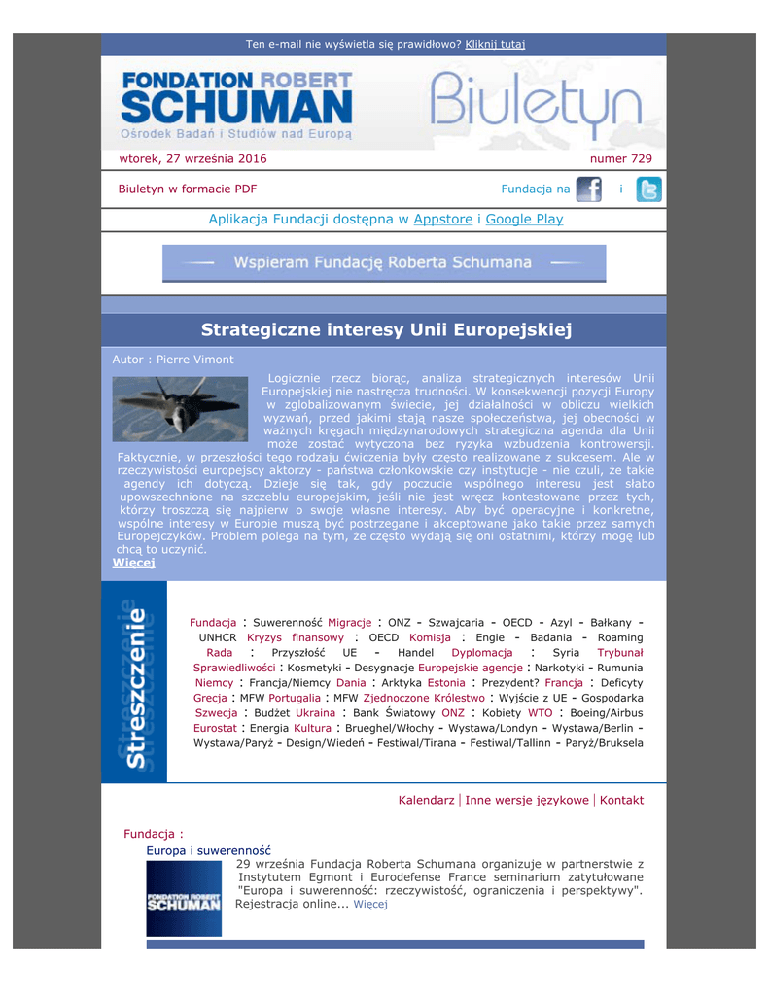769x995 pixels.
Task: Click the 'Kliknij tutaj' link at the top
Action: pos(495,44)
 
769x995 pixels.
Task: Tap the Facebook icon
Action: pos(588,189)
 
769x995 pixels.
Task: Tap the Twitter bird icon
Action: pos(648,189)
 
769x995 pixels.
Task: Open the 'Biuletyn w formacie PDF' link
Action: pos(188,189)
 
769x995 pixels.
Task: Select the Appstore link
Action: pos(442,220)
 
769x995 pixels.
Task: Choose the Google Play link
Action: pos(524,220)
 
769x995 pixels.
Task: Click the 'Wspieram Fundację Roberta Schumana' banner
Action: pos(383,263)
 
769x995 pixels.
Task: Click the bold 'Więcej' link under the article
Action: pos(133,563)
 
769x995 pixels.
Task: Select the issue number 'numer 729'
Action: pos(621,158)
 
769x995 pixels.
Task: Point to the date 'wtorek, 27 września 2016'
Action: pos(192,158)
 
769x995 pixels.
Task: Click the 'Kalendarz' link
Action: pos(426,801)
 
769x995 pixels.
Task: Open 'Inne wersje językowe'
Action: pos(526,801)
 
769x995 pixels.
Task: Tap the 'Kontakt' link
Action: pos(621,801)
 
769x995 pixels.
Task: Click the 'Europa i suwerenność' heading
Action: pos(208,850)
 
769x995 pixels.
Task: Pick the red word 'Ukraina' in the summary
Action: pos(315,712)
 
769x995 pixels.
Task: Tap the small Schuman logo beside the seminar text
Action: pos(184,899)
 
